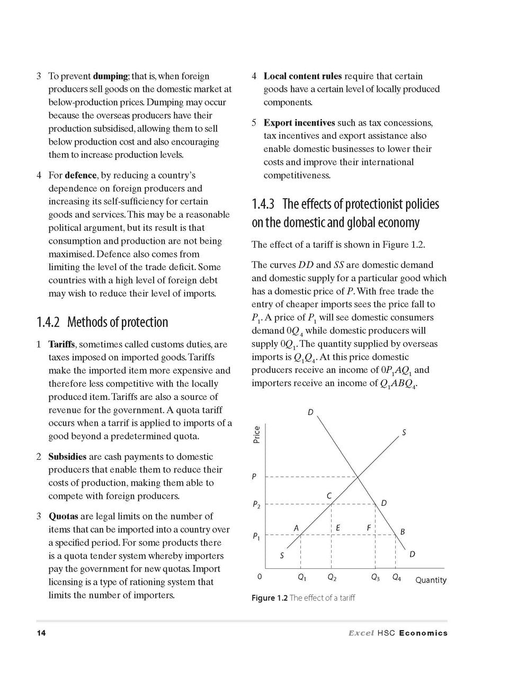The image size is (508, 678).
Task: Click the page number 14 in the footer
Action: coord(41,632)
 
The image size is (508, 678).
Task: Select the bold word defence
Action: coord(81,175)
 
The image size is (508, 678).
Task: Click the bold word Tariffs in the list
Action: coord(61,344)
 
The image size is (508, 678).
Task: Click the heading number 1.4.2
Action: coord(49,323)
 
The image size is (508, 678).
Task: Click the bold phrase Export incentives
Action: coord(299,123)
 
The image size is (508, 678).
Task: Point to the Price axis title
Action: coord(257,435)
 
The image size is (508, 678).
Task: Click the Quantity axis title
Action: coord(430,580)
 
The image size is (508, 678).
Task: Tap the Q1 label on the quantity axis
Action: coord(302,577)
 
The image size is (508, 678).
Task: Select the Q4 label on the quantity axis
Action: coord(396,577)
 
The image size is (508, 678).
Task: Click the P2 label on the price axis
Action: coord(255,505)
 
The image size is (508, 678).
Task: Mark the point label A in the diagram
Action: coord(296,528)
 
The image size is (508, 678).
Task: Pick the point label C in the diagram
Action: coord(328,496)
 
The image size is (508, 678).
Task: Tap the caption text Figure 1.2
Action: coord(269,597)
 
